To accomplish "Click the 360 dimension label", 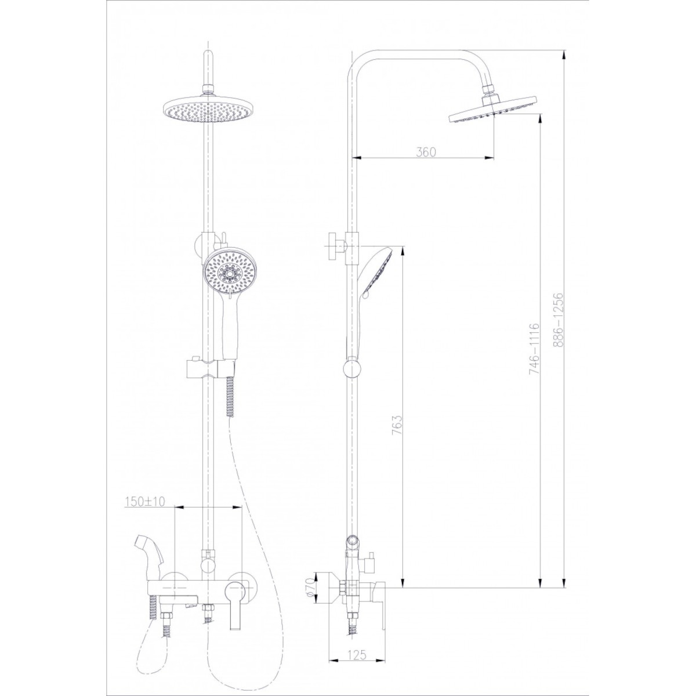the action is [x=426, y=152].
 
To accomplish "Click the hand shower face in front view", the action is [x=227, y=271].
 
